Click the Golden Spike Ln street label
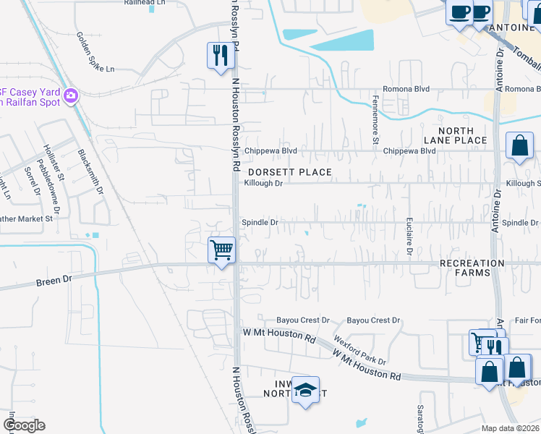tap(95, 52)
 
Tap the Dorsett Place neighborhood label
tap(289, 172)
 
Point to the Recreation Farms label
tap(472, 268)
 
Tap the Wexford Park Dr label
tap(359, 350)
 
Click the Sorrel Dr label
tap(33, 182)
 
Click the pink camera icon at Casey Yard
tap(70, 95)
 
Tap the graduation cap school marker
tap(306, 391)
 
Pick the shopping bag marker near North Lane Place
tap(519, 145)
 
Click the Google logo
tap(24, 425)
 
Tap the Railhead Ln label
tap(140, 3)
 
